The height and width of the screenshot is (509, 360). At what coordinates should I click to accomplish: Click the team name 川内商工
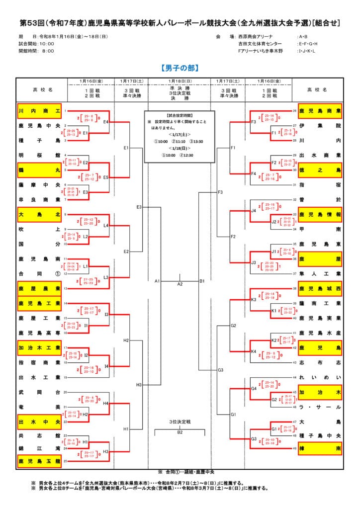(x=39, y=111)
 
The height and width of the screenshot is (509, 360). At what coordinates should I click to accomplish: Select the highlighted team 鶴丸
(x=39, y=170)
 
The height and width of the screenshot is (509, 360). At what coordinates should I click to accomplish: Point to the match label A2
(x=180, y=284)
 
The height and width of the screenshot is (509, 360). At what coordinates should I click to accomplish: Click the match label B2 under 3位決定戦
(x=180, y=432)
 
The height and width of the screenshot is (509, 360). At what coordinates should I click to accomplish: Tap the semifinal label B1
(x=202, y=281)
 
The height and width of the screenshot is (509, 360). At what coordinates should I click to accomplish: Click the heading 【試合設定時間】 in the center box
(x=180, y=114)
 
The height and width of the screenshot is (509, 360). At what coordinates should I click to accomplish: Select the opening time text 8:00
(x=48, y=51)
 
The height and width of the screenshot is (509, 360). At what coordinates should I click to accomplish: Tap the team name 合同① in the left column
(x=39, y=273)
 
